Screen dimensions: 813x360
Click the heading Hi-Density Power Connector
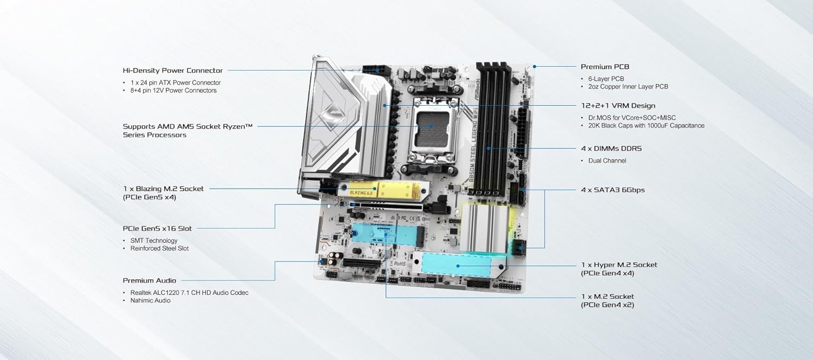coord(173,70)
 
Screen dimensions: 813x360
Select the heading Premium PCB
coord(605,67)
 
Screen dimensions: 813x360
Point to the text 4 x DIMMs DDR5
coord(611,149)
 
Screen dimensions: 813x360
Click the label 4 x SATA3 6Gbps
coord(612,190)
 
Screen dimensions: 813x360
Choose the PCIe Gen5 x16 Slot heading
coord(157,229)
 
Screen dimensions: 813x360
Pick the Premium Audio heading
coord(149,280)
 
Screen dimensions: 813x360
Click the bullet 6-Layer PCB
coord(606,79)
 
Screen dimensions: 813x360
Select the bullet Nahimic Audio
coord(150,300)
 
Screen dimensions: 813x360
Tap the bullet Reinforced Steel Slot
coord(159,249)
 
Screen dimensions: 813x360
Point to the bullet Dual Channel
coord(607,161)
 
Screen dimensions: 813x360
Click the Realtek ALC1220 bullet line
coord(190,293)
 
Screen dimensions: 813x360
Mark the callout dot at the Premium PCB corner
coord(534,66)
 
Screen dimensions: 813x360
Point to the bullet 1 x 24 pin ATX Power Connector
coord(175,83)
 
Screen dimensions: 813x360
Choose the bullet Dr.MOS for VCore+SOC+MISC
coord(632,118)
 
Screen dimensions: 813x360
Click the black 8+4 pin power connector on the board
coord(376,70)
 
